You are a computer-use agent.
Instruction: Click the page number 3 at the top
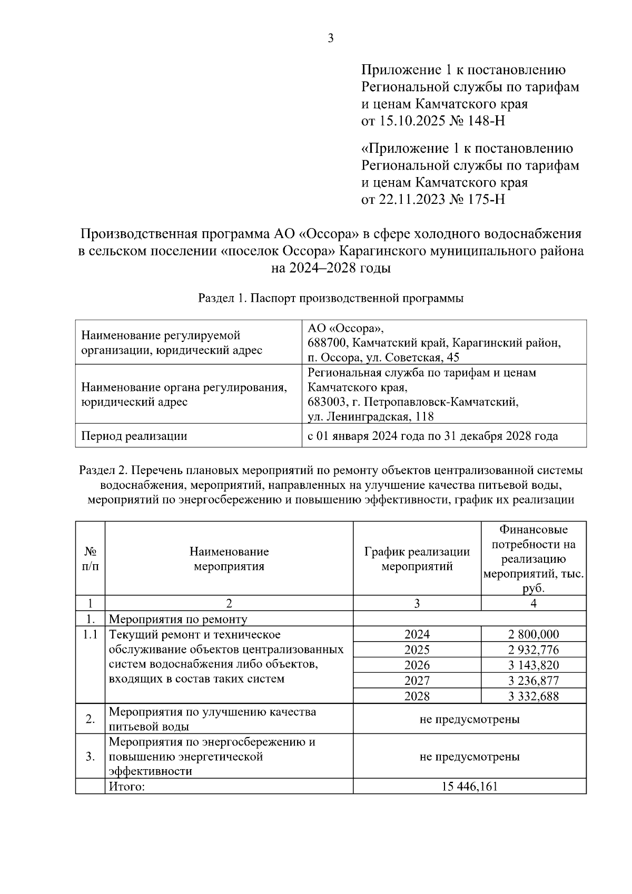[x=331, y=38]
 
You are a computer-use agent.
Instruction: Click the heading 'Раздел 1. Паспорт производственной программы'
[x=331, y=298]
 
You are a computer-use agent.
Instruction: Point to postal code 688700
[x=327, y=343]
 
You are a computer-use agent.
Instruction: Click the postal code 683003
[x=327, y=402]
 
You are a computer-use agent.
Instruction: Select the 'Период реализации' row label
[x=134, y=436]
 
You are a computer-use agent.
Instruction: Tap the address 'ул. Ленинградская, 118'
[x=371, y=417]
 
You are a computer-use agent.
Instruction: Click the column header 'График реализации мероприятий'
[x=417, y=559]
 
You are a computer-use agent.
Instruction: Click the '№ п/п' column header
[x=90, y=559]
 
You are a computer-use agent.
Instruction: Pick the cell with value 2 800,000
[x=534, y=634]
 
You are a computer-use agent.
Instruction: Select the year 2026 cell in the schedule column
[x=417, y=665]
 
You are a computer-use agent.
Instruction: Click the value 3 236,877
[x=534, y=681]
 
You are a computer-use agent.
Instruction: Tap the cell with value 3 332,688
[x=534, y=696]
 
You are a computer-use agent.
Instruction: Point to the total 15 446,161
[x=470, y=787]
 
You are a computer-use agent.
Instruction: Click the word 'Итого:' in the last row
[x=126, y=787]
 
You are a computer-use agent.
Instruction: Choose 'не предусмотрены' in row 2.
[x=470, y=719]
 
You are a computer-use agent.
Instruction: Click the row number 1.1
[x=90, y=635]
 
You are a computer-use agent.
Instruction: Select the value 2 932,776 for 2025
[x=534, y=650]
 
